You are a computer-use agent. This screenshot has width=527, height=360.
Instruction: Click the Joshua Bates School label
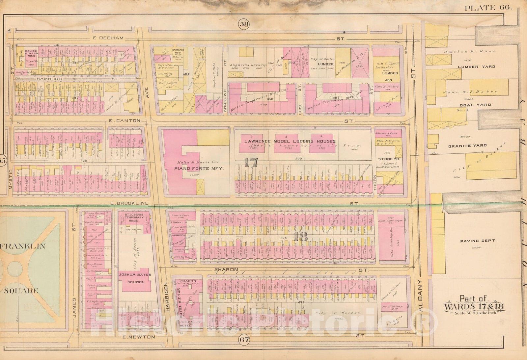tap(135, 278)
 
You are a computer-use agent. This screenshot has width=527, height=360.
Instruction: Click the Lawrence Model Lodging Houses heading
tap(290, 141)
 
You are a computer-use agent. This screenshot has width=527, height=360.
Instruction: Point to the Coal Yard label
tap(475, 105)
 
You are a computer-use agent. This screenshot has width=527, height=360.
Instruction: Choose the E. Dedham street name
tap(108, 38)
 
